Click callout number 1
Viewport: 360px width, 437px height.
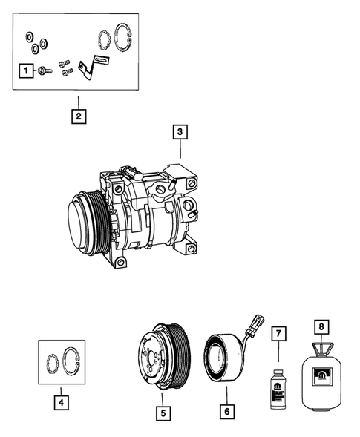pyautogui.click(x=26, y=70)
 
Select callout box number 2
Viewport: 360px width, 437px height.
pyautogui.click(x=76, y=116)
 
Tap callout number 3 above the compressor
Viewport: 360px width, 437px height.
pyautogui.click(x=178, y=133)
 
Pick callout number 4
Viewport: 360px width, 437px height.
pyautogui.click(x=61, y=402)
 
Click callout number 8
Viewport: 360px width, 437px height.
pyautogui.click(x=321, y=325)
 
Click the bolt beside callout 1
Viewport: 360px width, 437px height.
pyautogui.click(x=45, y=71)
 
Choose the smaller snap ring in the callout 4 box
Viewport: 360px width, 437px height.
pyautogui.click(x=53, y=365)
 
